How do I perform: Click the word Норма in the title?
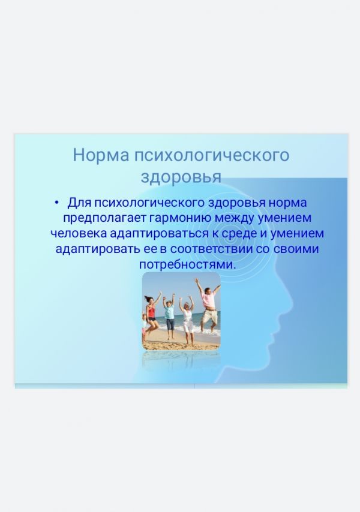tap(101, 155)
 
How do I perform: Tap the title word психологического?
tap(212, 155)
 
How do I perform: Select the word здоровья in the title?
tap(181, 177)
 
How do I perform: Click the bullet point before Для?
tap(57, 203)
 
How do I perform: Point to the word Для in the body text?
tap(79, 203)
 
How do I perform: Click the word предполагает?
tap(104, 218)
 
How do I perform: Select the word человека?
tap(79, 233)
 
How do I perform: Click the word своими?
tap(296, 249)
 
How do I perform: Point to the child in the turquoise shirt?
tap(169, 316)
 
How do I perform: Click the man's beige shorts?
tap(209, 316)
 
